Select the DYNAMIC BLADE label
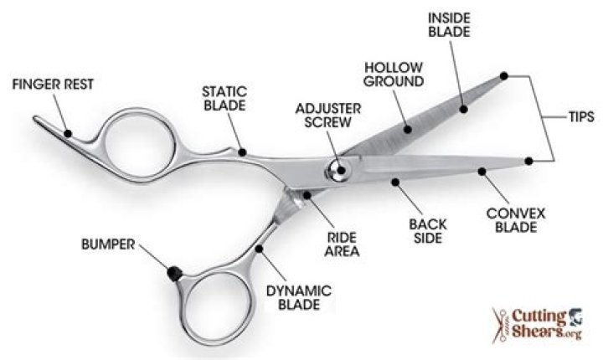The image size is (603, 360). (299, 297)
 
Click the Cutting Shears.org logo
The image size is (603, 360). (537, 322)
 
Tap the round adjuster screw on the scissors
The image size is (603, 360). (339, 170)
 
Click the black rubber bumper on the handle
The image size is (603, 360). (173, 273)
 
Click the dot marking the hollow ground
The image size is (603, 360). (408, 130)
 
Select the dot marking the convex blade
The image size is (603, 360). (482, 172)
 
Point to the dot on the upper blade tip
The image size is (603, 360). (504, 76)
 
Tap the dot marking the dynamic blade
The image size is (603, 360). (262, 248)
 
